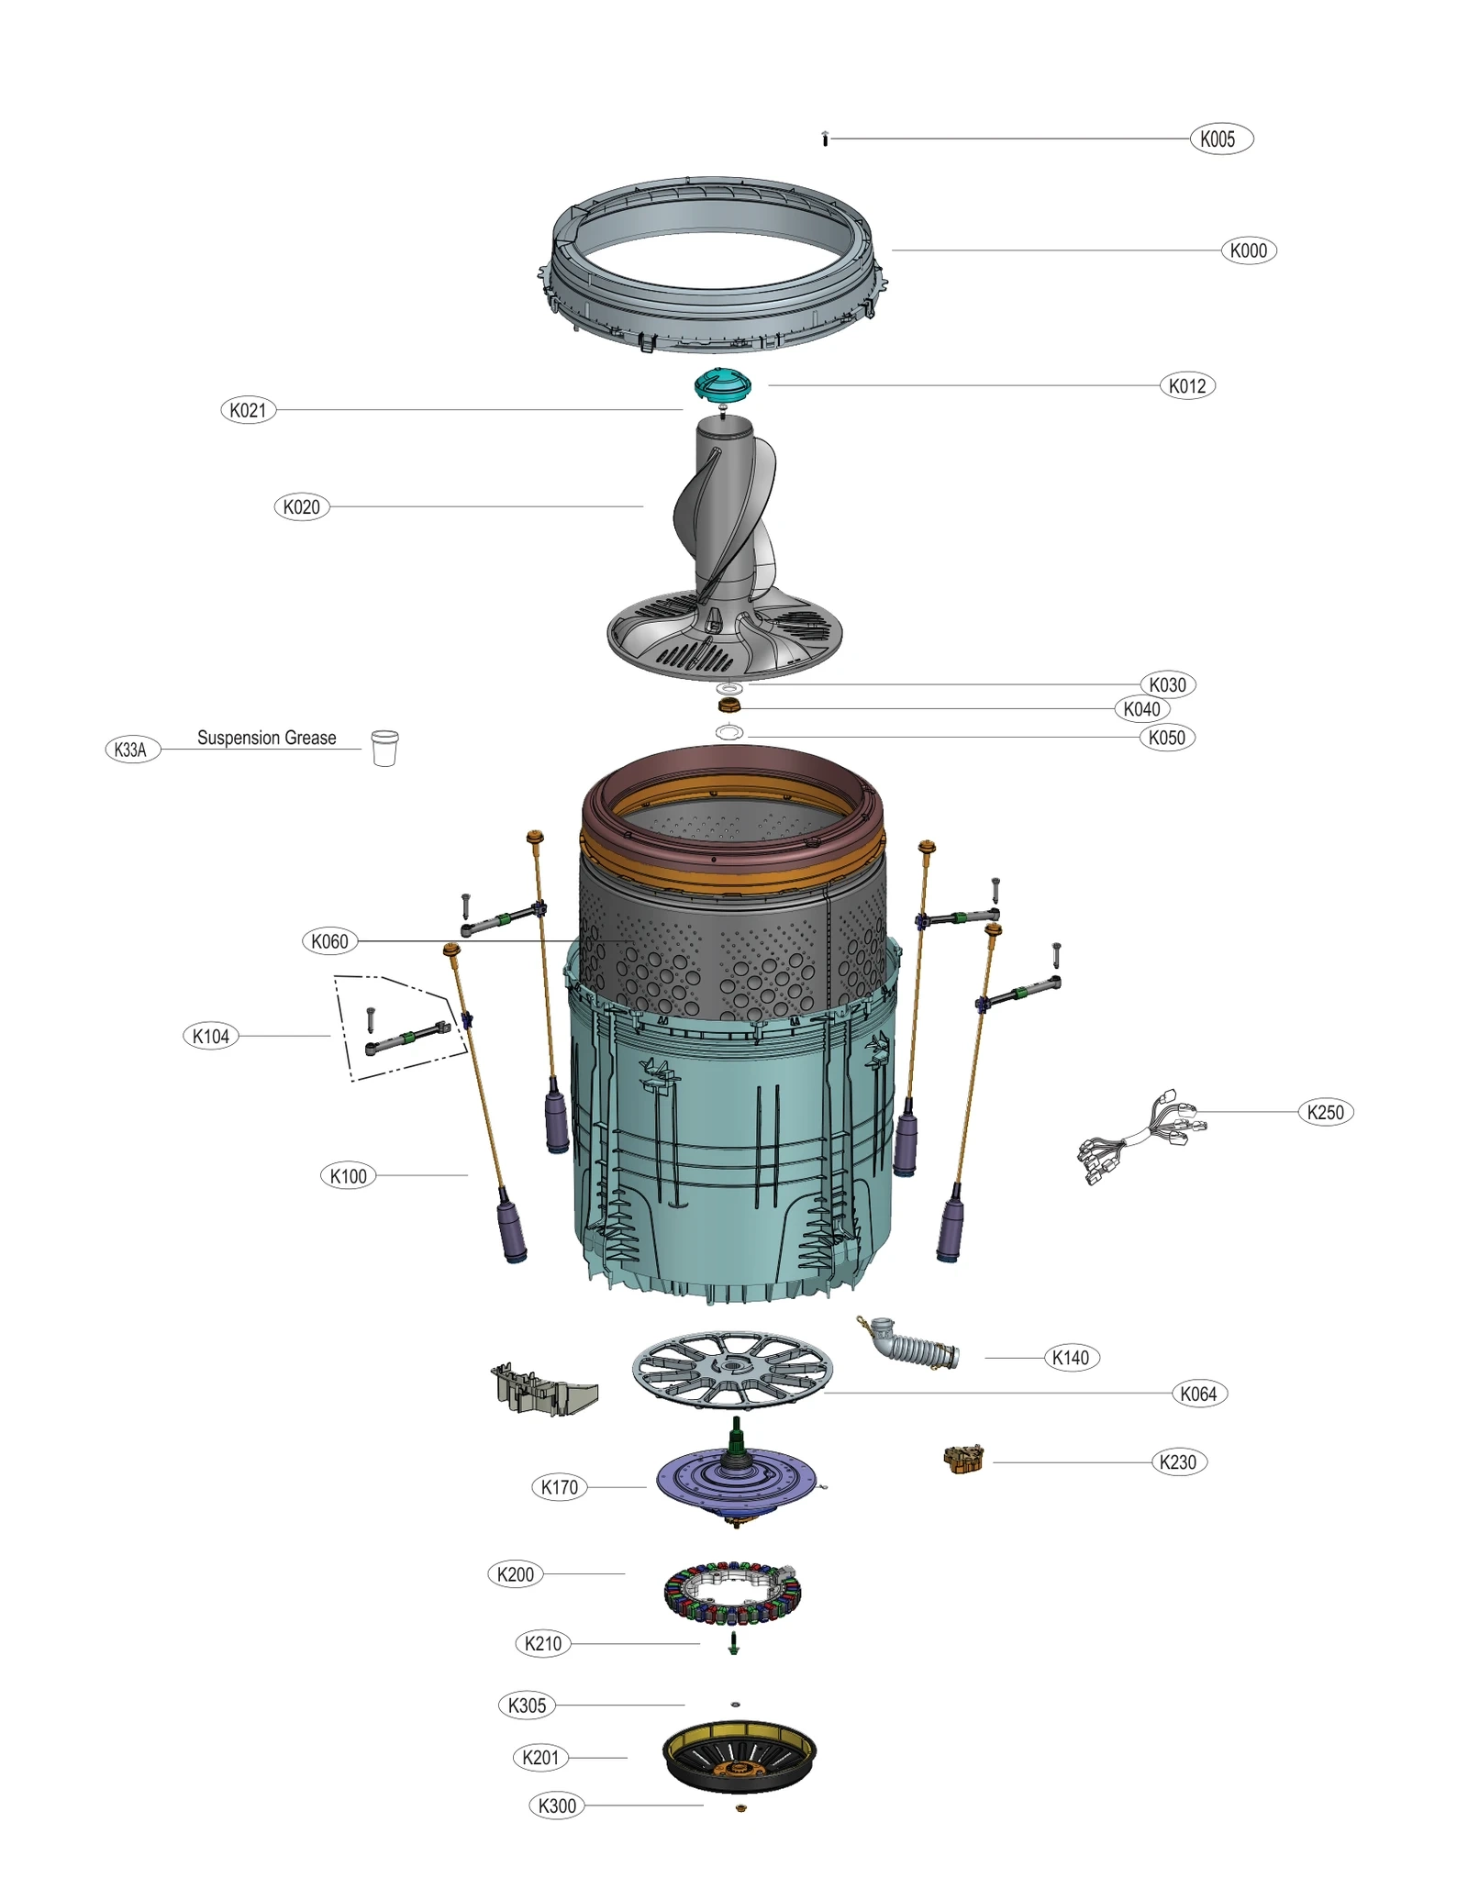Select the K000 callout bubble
pos(1248,250)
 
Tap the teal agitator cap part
pos(722,383)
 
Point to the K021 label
pos(248,410)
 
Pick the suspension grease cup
pos(384,748)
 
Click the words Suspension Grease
pos(266,738)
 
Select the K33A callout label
pos(132,750)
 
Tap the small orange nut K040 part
pos(728,705)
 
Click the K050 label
pos(1166,738)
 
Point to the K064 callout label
pos(1198,1394)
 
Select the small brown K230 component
pos(963,1459)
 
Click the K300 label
pos(557,1806)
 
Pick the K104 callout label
pos(211,1037)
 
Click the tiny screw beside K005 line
pos(825,139)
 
